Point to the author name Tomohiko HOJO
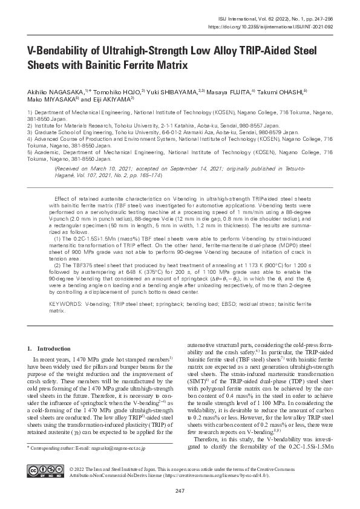(116, 91)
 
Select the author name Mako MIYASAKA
(49, 99)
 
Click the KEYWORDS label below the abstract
(66, 305)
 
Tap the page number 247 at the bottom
(180, 490)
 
